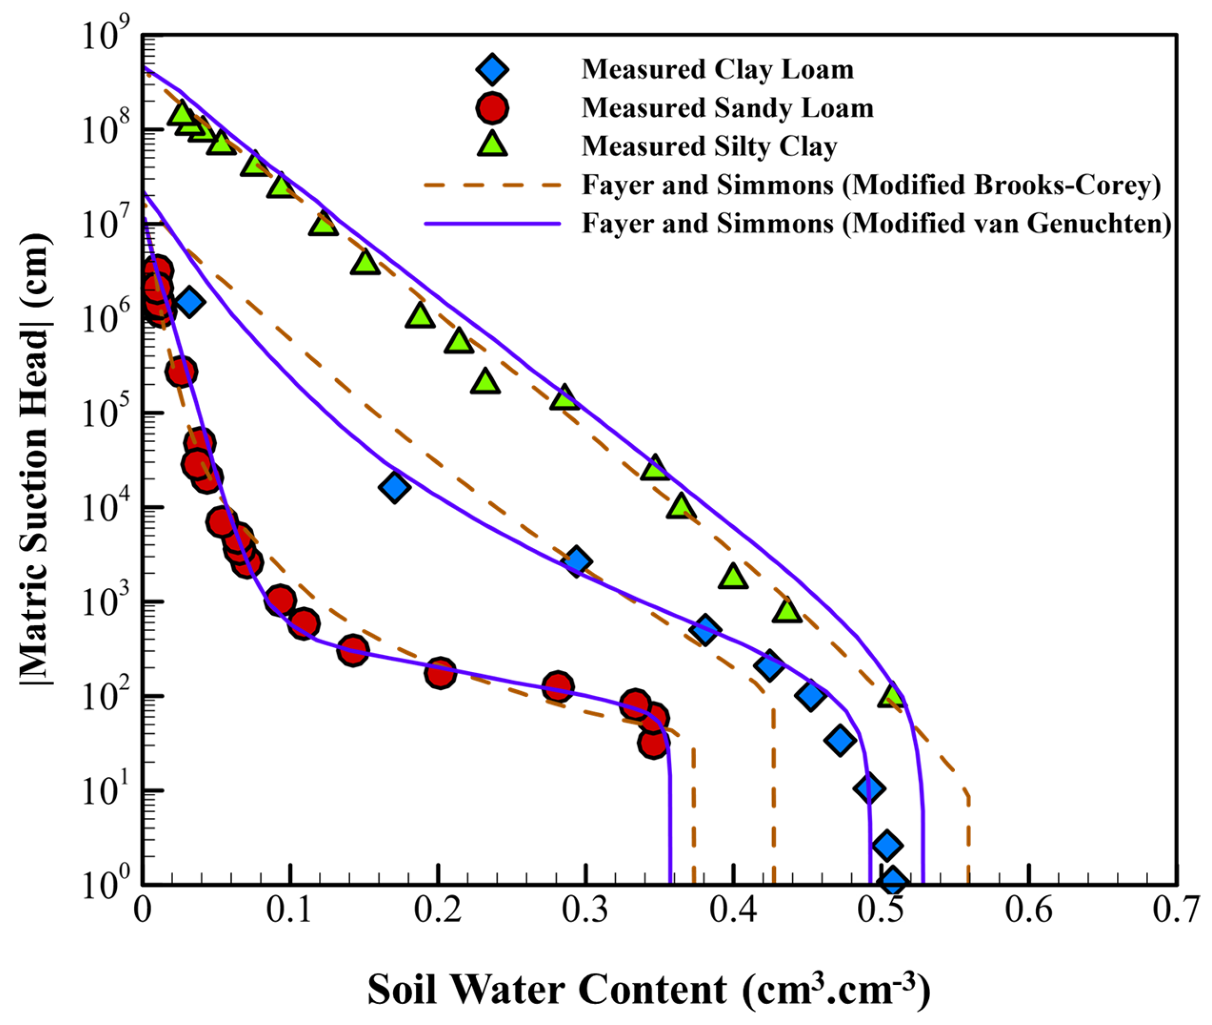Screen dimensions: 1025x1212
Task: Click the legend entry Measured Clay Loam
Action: pyautogui.click(x=717, y=70)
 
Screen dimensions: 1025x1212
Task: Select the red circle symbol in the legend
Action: pyautogui.click(x=492, y=108)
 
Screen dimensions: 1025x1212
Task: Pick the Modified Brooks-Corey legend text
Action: pyautogui.click(x=871, y=185)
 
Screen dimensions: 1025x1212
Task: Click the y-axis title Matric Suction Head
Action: pyautogui.click(x=36, y=459)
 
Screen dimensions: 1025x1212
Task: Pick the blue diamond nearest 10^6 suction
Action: pyautogui.click(x=189, y=301)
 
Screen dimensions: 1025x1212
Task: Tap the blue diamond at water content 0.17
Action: pyautogui.click(x=394, y=487)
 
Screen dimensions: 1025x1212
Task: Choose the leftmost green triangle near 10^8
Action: pyautogui.click(x=181, y=113)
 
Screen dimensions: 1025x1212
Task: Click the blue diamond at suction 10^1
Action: pyautogui.click(x=869, y=789)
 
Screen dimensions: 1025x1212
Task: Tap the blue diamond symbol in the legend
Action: pyautogui.click(x=492, y=70)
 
